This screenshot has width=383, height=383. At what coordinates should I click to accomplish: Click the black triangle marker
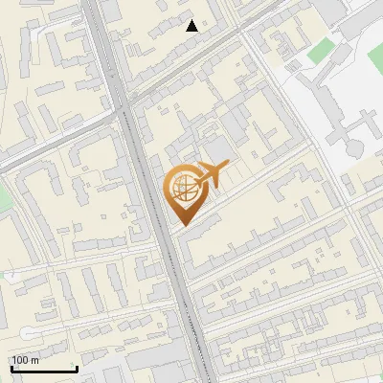[x=192, y=26]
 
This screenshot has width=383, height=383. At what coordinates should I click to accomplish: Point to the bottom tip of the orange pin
[x=182, y=224]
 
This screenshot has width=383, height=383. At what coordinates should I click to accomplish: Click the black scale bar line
[x=44, y=370]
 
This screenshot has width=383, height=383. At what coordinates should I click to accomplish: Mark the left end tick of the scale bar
[x=12, y=368]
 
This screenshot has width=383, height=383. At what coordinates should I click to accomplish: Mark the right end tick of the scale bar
[x=77, y=368]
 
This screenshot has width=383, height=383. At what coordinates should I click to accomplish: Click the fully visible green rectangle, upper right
[x=323, y=49]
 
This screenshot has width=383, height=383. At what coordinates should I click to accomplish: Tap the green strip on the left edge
[x=3, y=196]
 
